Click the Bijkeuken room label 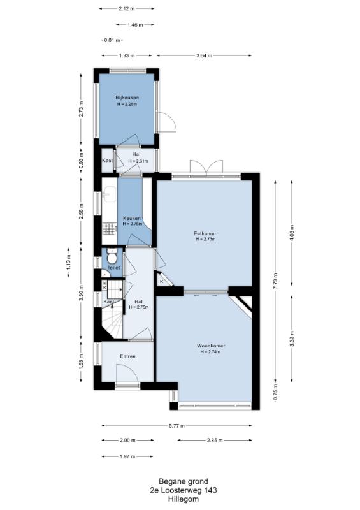(x=127, y=98)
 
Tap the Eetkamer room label (x=205, y=233)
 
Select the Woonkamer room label (x=211, y=346)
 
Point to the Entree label (x=127, y=356)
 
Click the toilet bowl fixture (x=112, y=257)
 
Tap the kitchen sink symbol (x=109, y=194)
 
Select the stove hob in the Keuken (x=109, y=229)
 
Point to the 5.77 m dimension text (x=177, y=425)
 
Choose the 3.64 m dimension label (x=205, y=55)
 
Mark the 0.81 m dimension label (x=112, y=40)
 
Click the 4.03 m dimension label (x=292, y=233)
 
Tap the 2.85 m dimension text (x=215, y=441)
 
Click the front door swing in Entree (x=127, y=374)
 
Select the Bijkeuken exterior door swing (x=166, y=122)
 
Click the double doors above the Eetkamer (x=207, y=167)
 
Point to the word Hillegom (x=183, y=499)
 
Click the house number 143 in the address (x=210, y=490)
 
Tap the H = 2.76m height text (x=133, y=224)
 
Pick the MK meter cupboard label (x=104, y=286)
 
